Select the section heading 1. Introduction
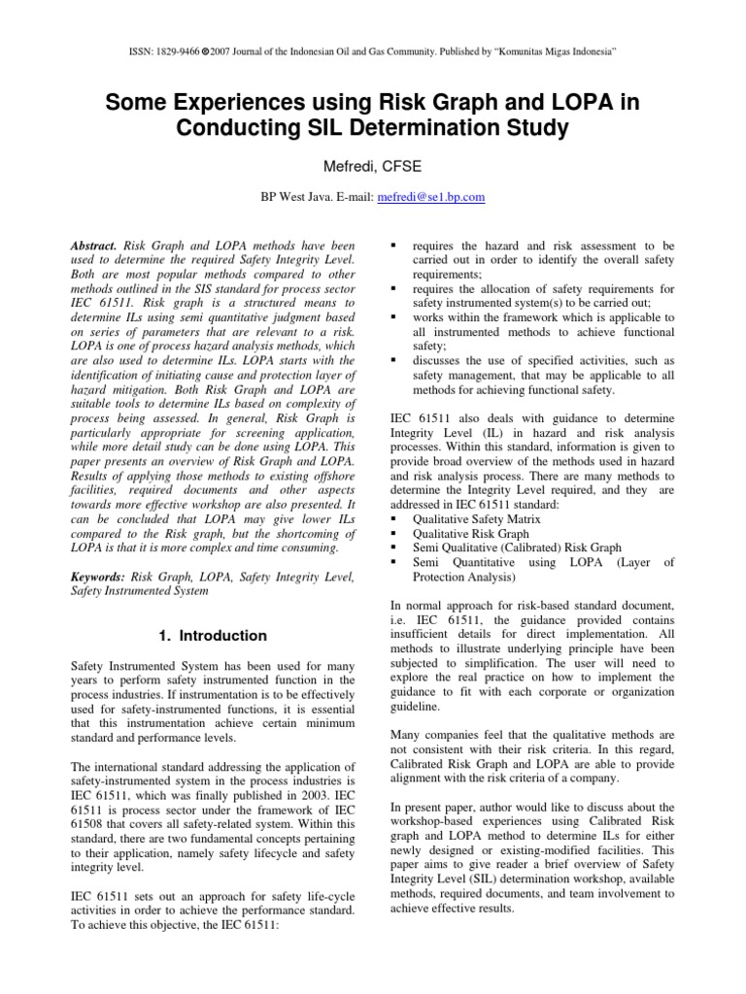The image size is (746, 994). pos(211,636)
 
